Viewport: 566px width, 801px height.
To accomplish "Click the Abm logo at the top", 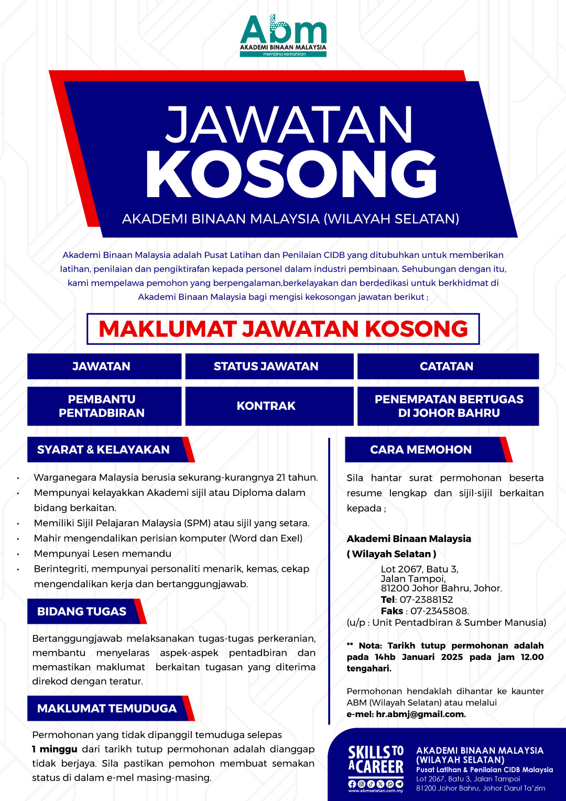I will [283, 35].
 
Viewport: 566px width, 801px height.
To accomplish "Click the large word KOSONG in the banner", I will [291, 175].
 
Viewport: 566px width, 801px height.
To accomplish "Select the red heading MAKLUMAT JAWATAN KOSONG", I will [283, 329].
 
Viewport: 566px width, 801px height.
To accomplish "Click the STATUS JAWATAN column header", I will [266, 366].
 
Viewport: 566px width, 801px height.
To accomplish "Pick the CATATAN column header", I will [447, 366].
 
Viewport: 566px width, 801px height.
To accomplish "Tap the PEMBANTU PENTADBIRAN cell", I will [102, 406].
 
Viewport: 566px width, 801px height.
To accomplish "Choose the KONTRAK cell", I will [266, 406].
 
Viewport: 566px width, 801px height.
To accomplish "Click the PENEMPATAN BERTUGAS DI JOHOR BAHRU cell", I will [449, 406].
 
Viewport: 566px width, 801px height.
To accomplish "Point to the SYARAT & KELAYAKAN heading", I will [103, 450].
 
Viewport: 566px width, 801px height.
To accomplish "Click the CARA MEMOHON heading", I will [421, 450].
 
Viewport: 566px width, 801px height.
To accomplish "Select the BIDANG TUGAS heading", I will [82, 611].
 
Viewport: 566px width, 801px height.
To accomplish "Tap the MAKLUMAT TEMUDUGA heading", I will [107, 708].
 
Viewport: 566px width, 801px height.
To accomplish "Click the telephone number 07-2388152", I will [426, 600].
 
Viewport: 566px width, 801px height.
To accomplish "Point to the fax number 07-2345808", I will [439, 611].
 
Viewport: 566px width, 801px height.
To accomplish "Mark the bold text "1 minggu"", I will [55, 749].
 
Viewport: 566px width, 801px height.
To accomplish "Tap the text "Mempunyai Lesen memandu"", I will [103, 554].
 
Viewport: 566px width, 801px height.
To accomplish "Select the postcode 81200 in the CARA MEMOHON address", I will [395, 588].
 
